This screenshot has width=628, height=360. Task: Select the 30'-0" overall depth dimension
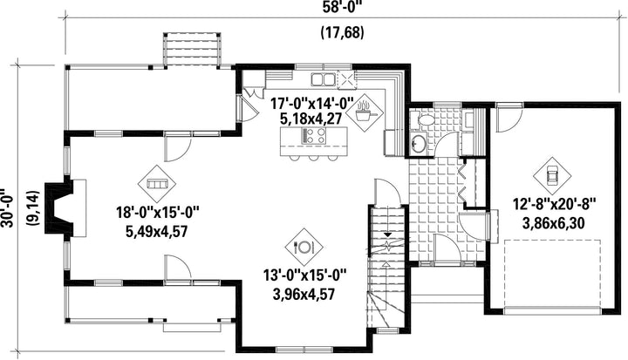click(8, 208)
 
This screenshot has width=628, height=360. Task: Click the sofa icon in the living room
click(157, 184)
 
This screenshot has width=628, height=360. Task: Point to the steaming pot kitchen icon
click(363, 113)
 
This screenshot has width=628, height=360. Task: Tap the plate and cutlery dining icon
click(304, 247)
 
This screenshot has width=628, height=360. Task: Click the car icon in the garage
click(552, 175)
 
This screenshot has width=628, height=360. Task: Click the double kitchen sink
click(323, 79)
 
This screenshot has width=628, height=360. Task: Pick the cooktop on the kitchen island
click(314, 135)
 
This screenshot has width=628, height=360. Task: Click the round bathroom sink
click(419, 143)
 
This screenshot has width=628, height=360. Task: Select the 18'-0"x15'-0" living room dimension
click(158, 212)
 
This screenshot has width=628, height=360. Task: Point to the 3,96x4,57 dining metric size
click(304, 295)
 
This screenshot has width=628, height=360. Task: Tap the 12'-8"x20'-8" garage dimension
click(555, 204)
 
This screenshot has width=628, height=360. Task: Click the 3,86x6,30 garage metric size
click(554, 222)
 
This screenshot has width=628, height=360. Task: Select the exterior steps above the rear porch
click(192, 49)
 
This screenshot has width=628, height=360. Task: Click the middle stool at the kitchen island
click(314, 158)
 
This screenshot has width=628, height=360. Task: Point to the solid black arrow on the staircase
click(387, 234)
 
